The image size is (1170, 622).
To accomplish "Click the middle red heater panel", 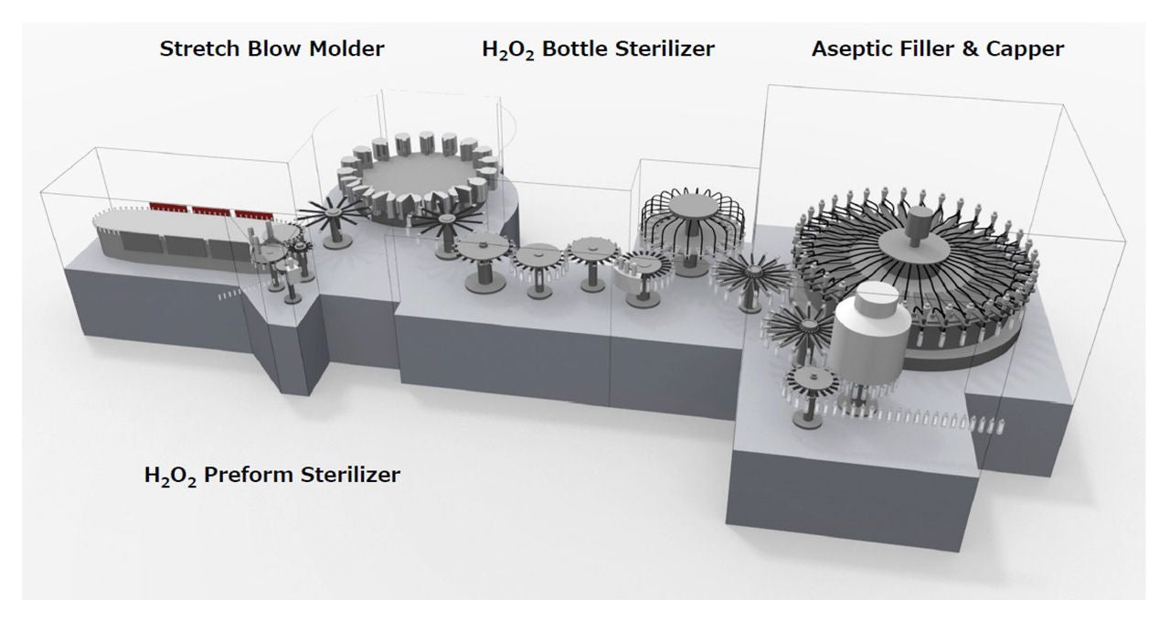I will (210, 210).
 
